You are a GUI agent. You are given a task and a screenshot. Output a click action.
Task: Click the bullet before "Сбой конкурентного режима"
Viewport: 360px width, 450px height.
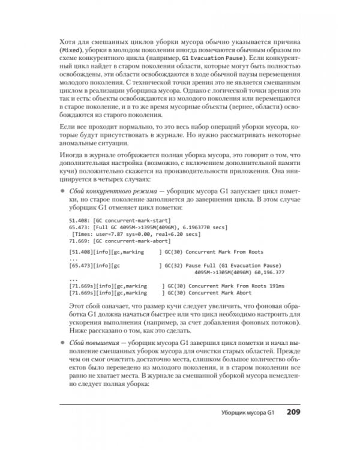tap(63, 191)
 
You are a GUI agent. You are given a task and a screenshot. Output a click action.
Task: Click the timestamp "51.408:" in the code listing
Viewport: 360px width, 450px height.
tap(80, 221)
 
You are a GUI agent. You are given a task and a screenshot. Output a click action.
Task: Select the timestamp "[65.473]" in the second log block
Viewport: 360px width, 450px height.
tap(80, 265)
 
